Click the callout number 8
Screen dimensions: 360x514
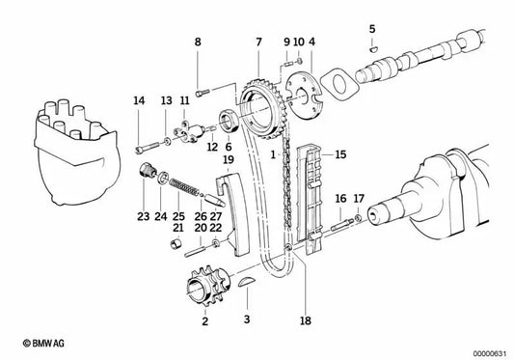(x=199, y=42)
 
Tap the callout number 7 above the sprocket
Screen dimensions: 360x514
(x=257, y=42)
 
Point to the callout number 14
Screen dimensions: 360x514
(x=139, y=100)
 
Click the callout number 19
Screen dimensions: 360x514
(x=229, y=159)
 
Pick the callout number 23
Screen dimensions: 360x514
(x=143, y=217)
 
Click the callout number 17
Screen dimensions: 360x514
(x=358, y=199)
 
